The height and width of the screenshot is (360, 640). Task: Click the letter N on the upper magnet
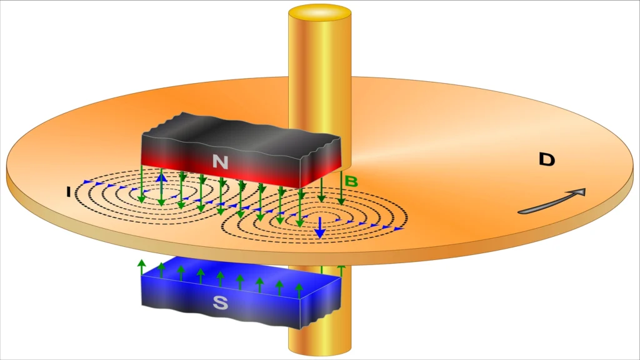pos(220,162)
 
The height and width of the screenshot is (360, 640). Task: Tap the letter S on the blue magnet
pos(220,303)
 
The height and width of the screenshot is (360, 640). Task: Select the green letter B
pos(351,181)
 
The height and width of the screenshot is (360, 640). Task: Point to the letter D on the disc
pos(547,159)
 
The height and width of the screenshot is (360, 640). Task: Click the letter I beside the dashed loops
pos(69,191)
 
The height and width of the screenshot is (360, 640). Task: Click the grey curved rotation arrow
pos(552,202)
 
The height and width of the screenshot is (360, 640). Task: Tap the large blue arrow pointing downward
pos(320,227)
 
